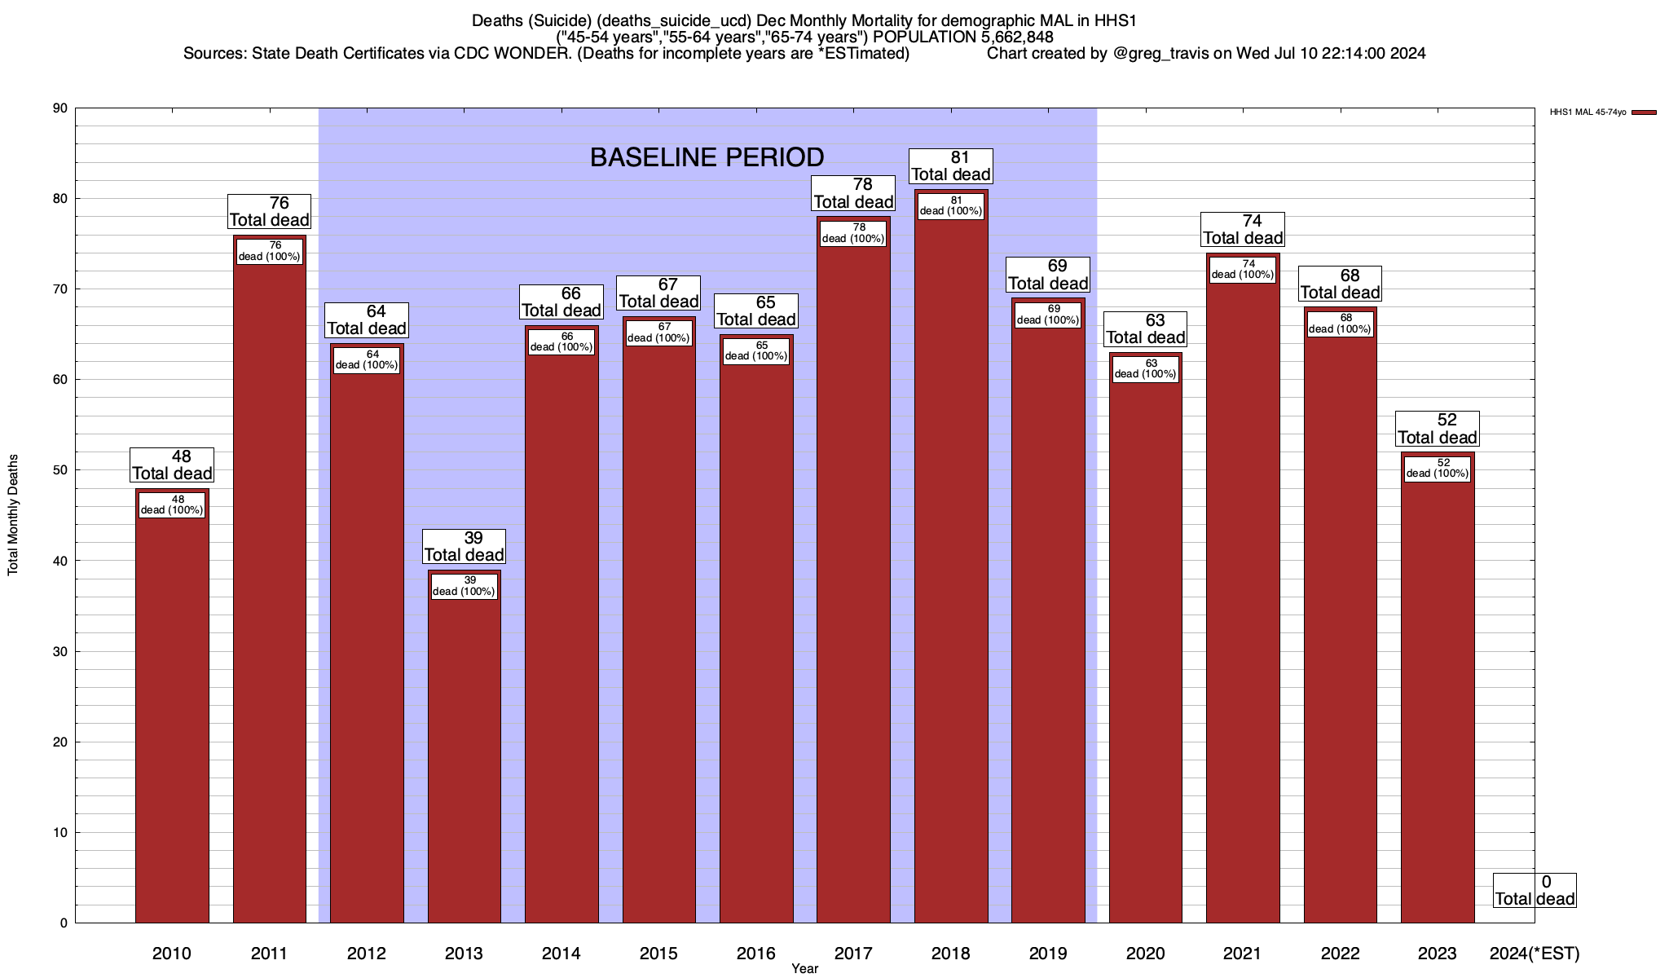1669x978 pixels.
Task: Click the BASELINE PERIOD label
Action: (x=707, y=157)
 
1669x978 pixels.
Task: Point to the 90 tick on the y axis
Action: (x=60, y=108)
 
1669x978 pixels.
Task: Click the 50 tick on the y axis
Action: (x=60, y=470)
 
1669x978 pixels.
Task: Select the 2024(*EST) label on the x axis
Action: (x=1534, y=954)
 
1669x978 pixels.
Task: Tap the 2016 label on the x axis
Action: (x=756, y=954)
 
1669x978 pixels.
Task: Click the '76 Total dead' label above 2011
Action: (x=269, y=212)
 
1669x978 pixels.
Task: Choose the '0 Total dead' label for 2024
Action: (x=1535, y=891)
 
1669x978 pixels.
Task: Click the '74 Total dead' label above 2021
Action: (x=1243, y=230)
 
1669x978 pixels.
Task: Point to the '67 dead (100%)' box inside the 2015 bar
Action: (x=658, y=333)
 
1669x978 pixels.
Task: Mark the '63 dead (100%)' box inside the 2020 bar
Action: (x=1145, y=369)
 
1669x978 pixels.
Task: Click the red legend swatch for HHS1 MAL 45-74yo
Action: (x=1644, y=112)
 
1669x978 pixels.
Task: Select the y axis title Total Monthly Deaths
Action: (x=13, y=515)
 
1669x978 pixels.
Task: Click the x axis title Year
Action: (x=804, y=969)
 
